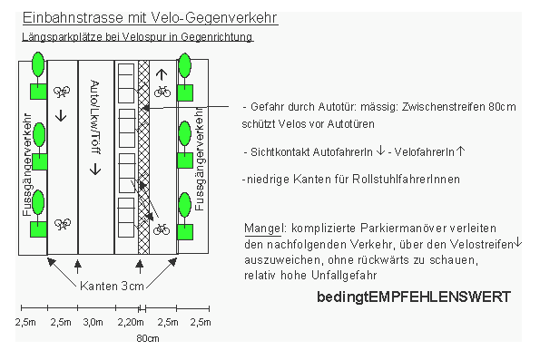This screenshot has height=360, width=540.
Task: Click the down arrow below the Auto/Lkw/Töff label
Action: point(96,169)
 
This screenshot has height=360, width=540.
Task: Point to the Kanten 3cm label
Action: point(111,286)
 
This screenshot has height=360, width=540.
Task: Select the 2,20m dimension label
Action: point(132,322)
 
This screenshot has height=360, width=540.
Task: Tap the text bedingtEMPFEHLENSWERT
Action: point(414,297)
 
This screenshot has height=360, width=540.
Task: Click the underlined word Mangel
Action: point(263,227)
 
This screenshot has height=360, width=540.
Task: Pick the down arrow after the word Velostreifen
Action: point(518,243)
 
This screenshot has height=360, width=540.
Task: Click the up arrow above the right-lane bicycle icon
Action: point(162,75)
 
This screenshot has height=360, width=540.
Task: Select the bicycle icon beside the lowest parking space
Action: point(162,229)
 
